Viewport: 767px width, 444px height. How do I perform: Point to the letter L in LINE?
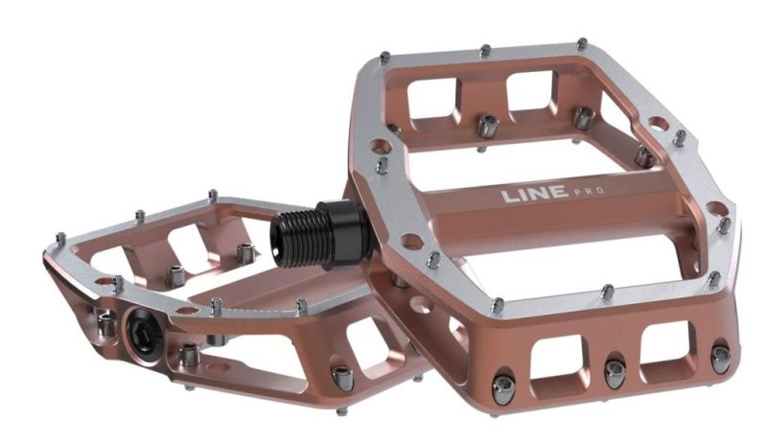[x=507, y=198]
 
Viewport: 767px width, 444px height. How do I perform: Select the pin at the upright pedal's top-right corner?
[x=581, y=44]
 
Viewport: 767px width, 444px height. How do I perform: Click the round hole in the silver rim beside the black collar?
[x=381, y=144]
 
